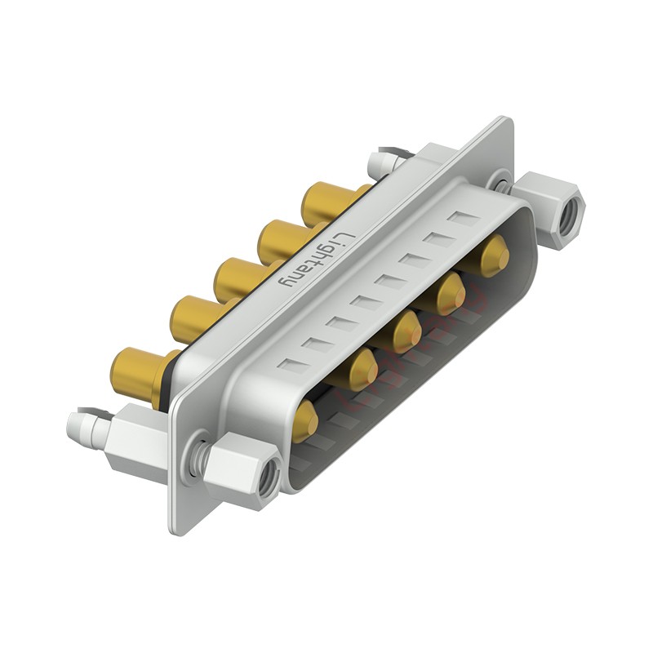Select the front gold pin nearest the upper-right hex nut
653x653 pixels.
pos(494,255)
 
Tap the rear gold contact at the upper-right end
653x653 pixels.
pos(326,203)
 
